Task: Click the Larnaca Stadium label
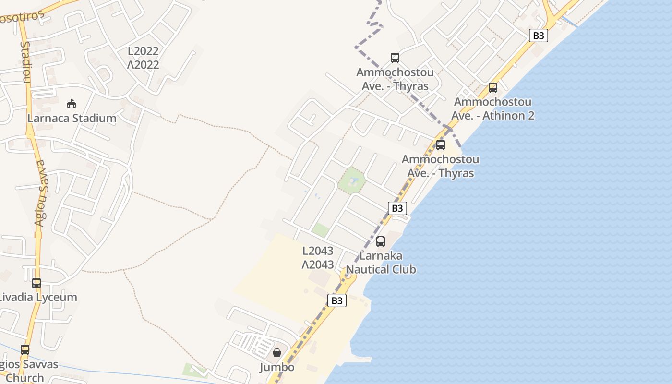[72, 118]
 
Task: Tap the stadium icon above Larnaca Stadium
[72, 104]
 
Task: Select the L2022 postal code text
[143, 51]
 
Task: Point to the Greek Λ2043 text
[317, 264]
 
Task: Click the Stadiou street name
[25, 62]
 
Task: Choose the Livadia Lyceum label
[37, 297]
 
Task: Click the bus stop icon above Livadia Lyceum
[36, 283]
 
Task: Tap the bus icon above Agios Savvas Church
[25, 350]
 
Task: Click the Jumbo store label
[277, 367]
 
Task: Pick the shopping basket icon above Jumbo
[277, 353]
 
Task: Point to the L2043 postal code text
[317, 251]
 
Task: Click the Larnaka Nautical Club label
[381, 263]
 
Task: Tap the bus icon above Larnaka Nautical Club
[381, 241]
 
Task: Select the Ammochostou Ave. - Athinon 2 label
[493, 109]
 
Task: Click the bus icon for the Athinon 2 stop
[493, 88]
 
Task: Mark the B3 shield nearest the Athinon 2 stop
[539, 36]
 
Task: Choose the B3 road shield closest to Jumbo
[336, 300]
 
